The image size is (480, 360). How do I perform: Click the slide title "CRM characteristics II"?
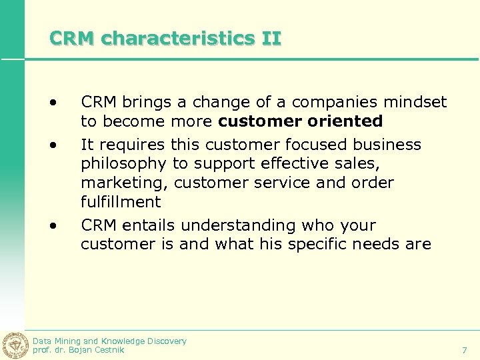[x=165, y=39]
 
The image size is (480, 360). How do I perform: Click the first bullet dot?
[x=53, y=102]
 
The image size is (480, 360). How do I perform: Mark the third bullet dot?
[x=53, y=225]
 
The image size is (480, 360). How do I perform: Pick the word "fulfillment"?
[x=121, y=202]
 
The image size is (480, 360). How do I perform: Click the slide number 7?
[x=465, y=350]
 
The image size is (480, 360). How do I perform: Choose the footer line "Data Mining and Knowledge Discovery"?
[x=109, y=341]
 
